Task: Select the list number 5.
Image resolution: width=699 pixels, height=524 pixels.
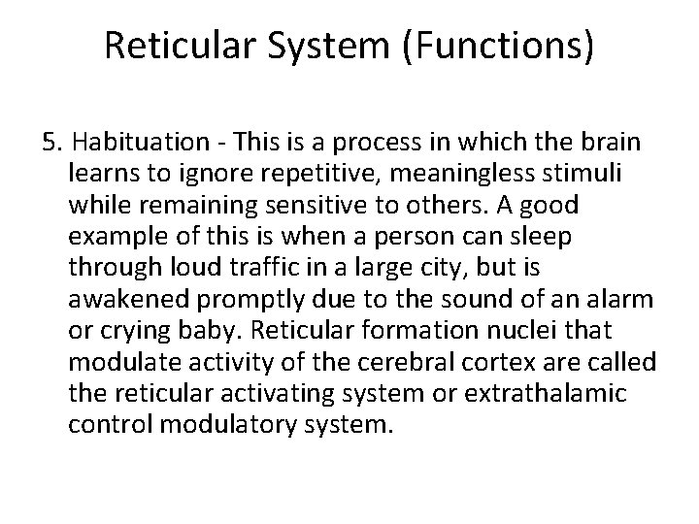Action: click(x=51, y=144)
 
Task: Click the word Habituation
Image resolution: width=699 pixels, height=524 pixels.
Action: click(x=129, y=144)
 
